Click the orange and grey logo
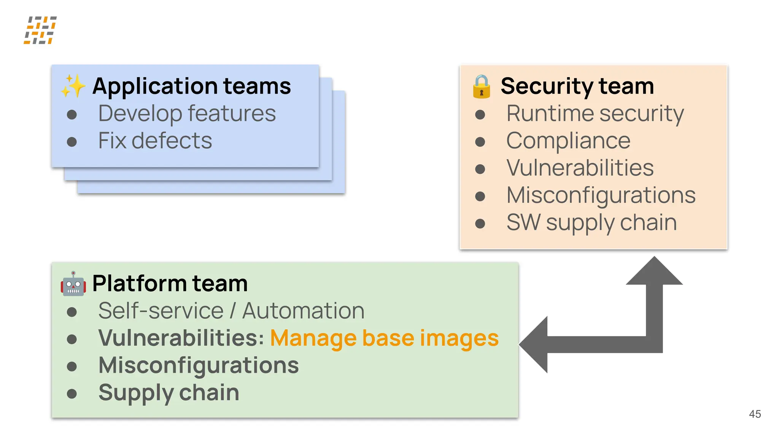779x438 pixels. [x=40, y=30]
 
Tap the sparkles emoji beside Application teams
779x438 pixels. [x=73, y=86]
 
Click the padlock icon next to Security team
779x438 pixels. [x=481, y=87]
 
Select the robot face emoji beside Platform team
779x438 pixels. [x=73, y=284]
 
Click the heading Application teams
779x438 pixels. [x=191, y=86]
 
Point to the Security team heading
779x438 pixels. [x=577, y=86]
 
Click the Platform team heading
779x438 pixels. [x=170, y=284]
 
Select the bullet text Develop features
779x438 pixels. [x=187, y=113]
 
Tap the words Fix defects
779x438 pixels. [x=155, y=141]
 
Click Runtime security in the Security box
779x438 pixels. [x=595, y=113]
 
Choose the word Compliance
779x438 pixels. [x=568, y=141]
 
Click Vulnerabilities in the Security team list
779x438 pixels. [x=580, y=168]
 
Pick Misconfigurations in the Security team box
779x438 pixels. [x=601, y=195]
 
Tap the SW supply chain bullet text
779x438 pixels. [x=591, y=222]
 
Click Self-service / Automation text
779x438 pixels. [x=231, y=311]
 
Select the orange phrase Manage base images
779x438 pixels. [x=384, y=338]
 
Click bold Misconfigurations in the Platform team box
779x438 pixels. [x=199, y=365]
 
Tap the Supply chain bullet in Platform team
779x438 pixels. [x=169, y=392]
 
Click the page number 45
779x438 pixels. [x=755, y=414]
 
